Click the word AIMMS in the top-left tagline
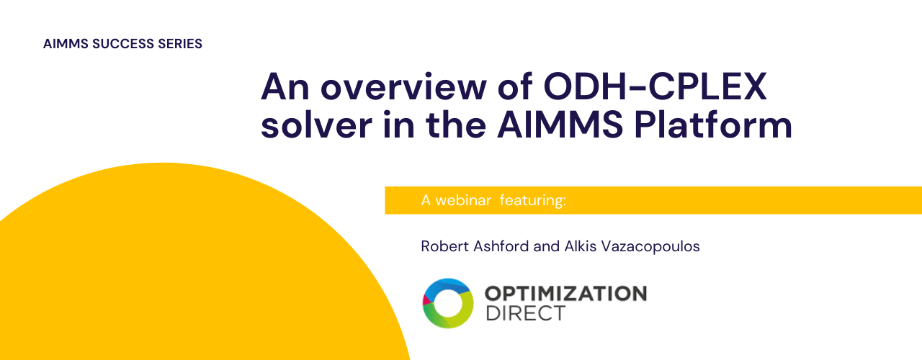(66, 44)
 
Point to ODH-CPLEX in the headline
(655, 86)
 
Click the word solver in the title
(316, 125)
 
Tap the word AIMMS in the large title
(560, 125)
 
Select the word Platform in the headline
(713, 125)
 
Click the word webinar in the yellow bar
(463, 200)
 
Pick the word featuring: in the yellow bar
(533, 201)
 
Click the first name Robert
(445, 246)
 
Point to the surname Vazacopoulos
(650, 247)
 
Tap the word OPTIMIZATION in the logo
(566, 294)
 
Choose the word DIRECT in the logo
(525, 313)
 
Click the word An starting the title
(285, 87)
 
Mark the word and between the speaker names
(547, 246)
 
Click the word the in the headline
(456, 125)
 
